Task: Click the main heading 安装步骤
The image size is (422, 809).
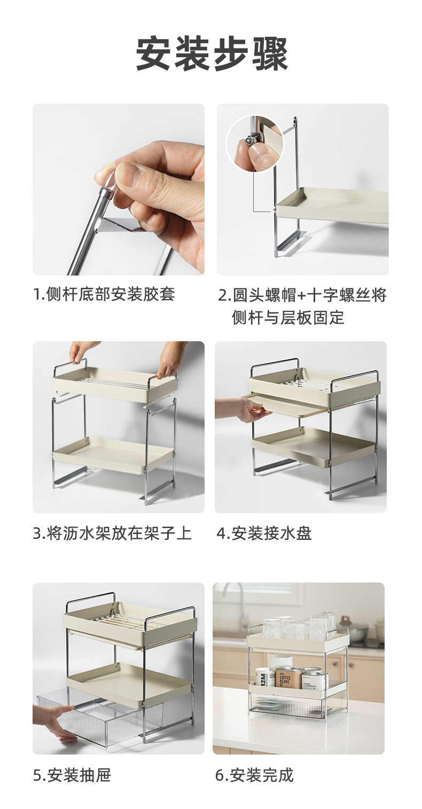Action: click(212, 54)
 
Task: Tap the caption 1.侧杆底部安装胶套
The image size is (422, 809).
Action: click(104, 294)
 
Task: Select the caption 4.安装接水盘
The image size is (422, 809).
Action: click(264, 533)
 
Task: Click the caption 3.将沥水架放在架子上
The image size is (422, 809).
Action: click(112, 533)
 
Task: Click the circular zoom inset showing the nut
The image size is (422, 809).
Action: click(255, 144)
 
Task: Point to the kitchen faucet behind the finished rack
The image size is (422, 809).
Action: click(231, 600)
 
